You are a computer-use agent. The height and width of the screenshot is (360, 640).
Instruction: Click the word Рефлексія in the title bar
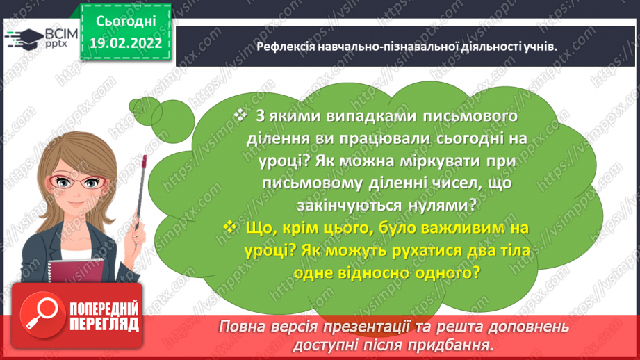[x=284, y=46]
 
